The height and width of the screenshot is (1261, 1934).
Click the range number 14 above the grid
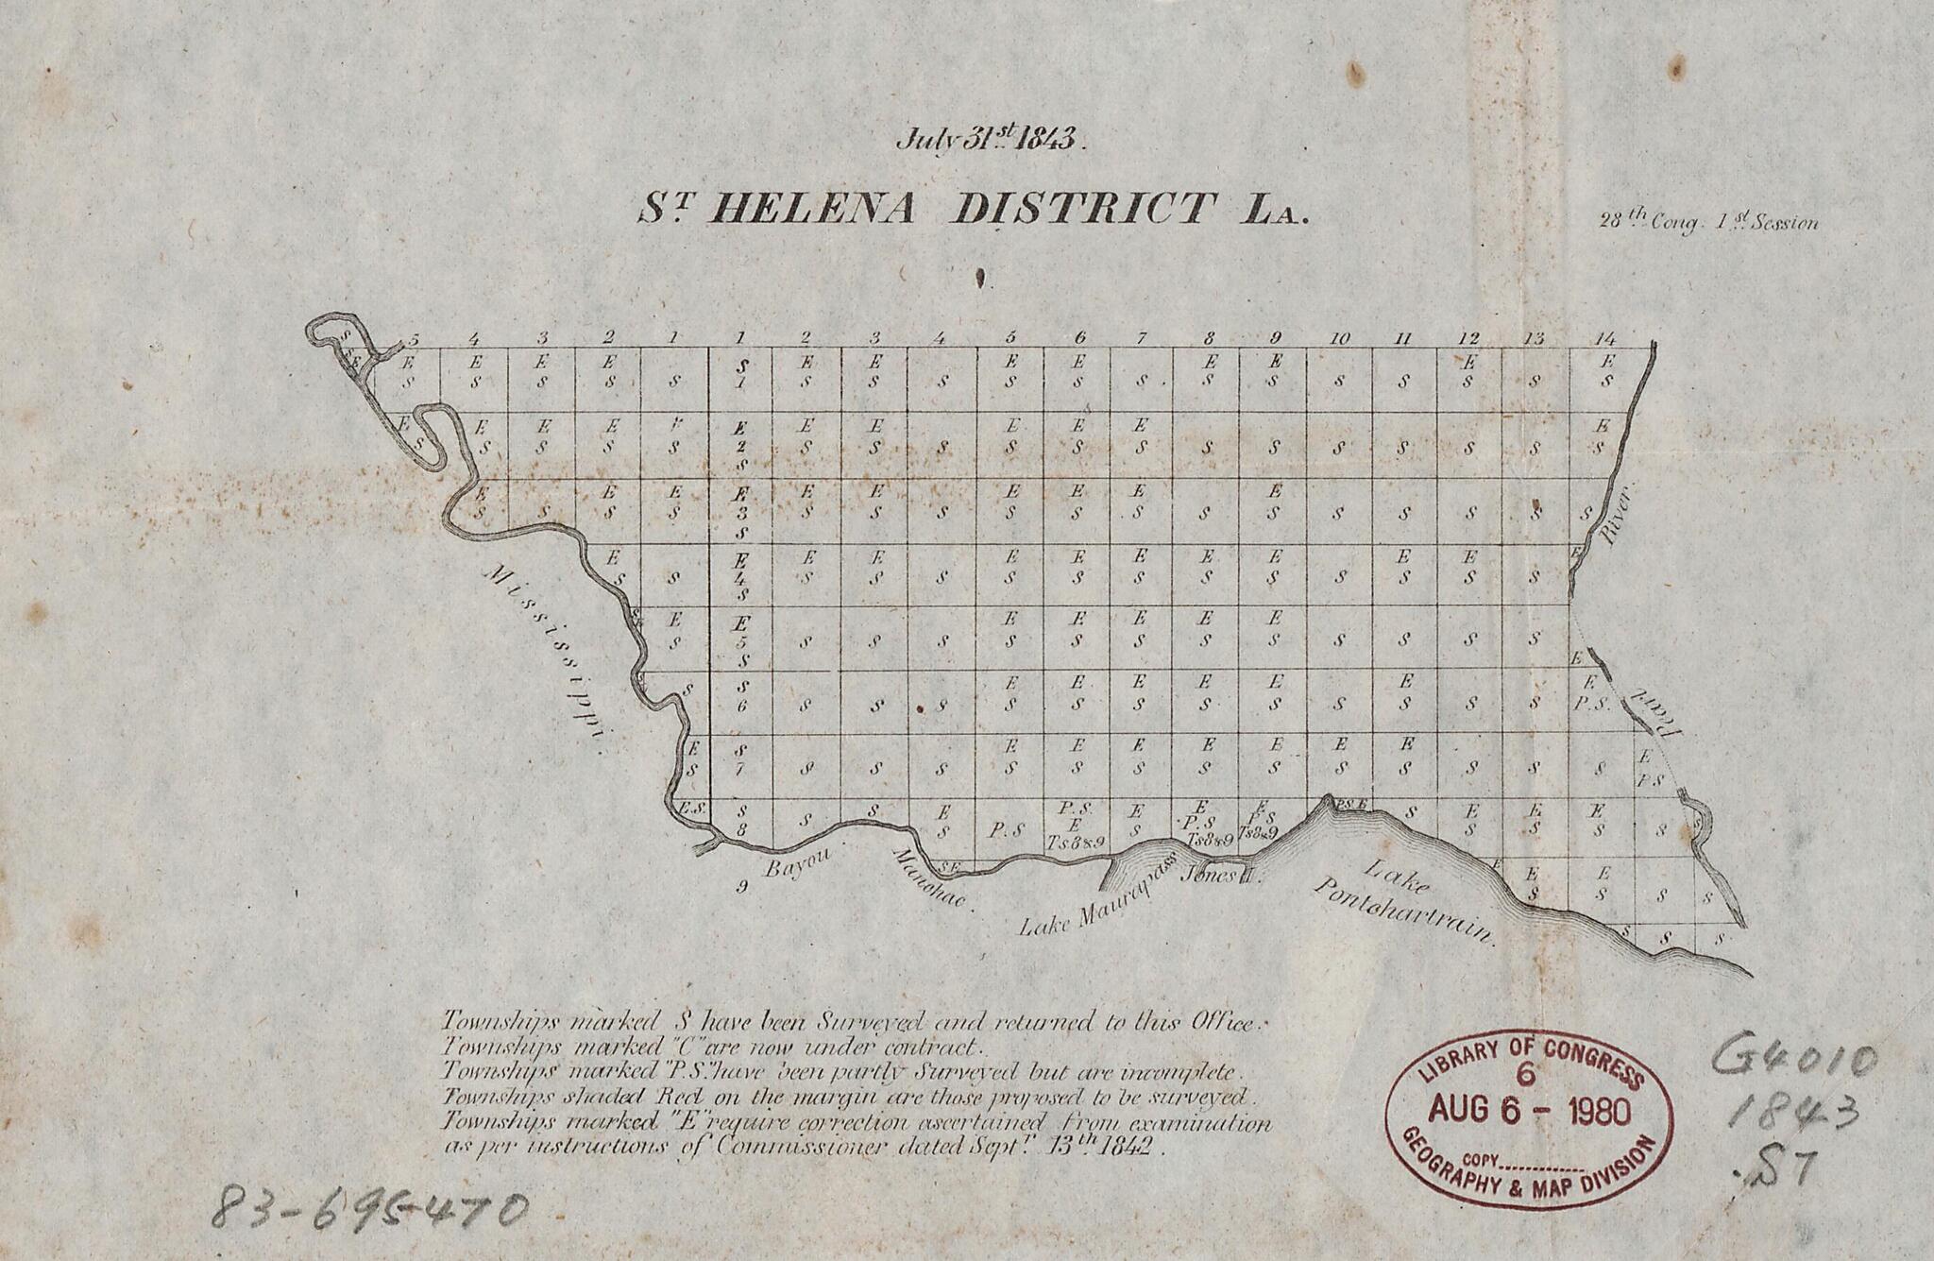[x=1603, y=337]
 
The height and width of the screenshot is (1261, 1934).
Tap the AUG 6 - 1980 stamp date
[x=1530, y=1110]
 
